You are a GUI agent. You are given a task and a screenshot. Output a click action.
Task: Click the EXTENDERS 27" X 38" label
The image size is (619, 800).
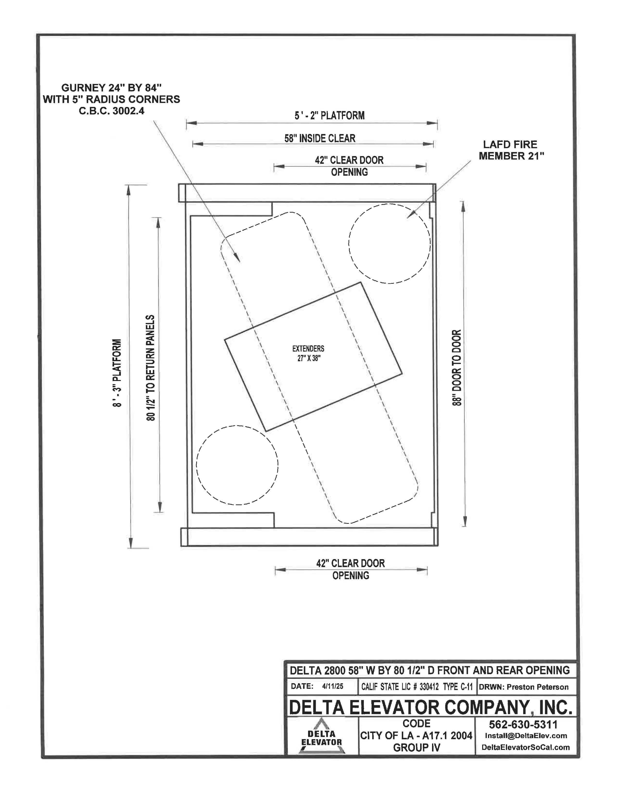(308, 353)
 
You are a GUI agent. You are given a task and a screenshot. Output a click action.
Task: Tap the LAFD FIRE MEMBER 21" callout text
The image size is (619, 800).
(511, 150)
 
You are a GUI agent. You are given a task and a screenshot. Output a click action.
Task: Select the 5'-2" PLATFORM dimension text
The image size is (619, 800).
(329, 116)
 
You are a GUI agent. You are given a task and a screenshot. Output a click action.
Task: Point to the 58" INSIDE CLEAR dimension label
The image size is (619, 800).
(320, 138)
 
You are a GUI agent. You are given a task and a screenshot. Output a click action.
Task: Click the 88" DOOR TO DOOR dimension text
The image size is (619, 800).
(457, 367)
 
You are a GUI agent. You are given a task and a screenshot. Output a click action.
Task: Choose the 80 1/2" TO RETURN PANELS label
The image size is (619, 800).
(151, 367)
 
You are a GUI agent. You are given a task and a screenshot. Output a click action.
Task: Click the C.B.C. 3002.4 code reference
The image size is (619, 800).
(111, 111)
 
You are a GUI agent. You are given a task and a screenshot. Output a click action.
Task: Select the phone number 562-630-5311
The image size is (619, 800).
(523, 724)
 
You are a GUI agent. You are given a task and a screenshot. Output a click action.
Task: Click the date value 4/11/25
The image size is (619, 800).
(333, 686)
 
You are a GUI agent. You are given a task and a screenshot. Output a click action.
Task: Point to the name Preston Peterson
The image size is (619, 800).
(538, 687)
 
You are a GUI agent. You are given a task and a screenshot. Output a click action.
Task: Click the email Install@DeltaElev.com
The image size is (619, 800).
(526, 736)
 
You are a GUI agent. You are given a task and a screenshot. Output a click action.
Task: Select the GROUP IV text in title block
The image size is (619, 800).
(416, 748)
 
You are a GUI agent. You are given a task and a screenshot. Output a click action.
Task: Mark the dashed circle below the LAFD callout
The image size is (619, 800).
(389, 244)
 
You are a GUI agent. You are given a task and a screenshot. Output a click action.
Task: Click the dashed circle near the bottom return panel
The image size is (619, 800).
(237, 465)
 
